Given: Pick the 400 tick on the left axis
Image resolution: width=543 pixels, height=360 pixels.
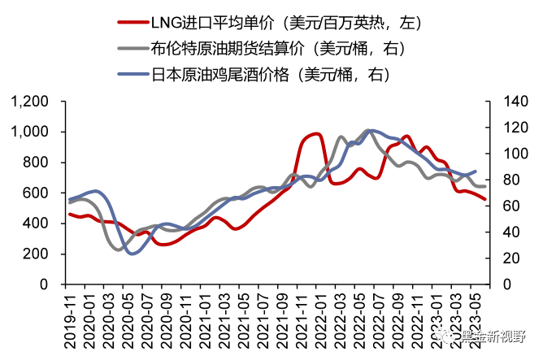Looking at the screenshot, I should [x=34, y=223].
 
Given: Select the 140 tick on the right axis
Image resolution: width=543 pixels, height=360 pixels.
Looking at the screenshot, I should [x=506, y=102].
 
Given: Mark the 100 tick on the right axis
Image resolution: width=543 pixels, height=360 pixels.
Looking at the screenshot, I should [x=506, y=154].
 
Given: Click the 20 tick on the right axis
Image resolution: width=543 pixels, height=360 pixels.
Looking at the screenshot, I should [x=502, y=258].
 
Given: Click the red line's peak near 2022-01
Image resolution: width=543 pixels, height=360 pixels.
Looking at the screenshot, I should [x=316, y=134].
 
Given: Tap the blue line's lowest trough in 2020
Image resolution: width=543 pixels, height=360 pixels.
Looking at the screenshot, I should [x=132, y=253].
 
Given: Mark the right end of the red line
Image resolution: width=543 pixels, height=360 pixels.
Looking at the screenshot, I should [x=485, y=198].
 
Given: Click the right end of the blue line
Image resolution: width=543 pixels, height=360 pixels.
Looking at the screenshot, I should [x=476, y=171].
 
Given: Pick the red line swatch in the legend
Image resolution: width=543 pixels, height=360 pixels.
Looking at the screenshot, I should [x=136, y=23].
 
